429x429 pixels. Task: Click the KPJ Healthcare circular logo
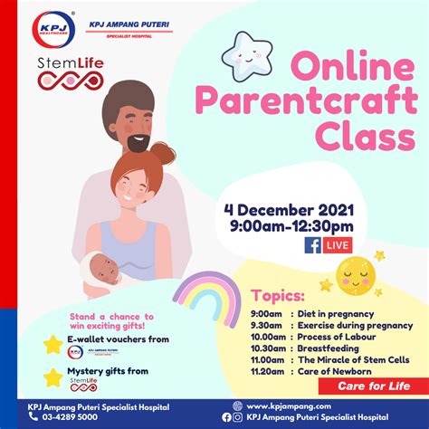tap(52, 30)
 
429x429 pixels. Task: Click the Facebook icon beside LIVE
tap(312, 246)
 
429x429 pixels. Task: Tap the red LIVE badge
tap(337, 246)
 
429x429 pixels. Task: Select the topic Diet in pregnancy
tap(324, 313)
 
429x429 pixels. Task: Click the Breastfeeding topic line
tap(323, 348)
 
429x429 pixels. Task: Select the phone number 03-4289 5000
tap(64, 417)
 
